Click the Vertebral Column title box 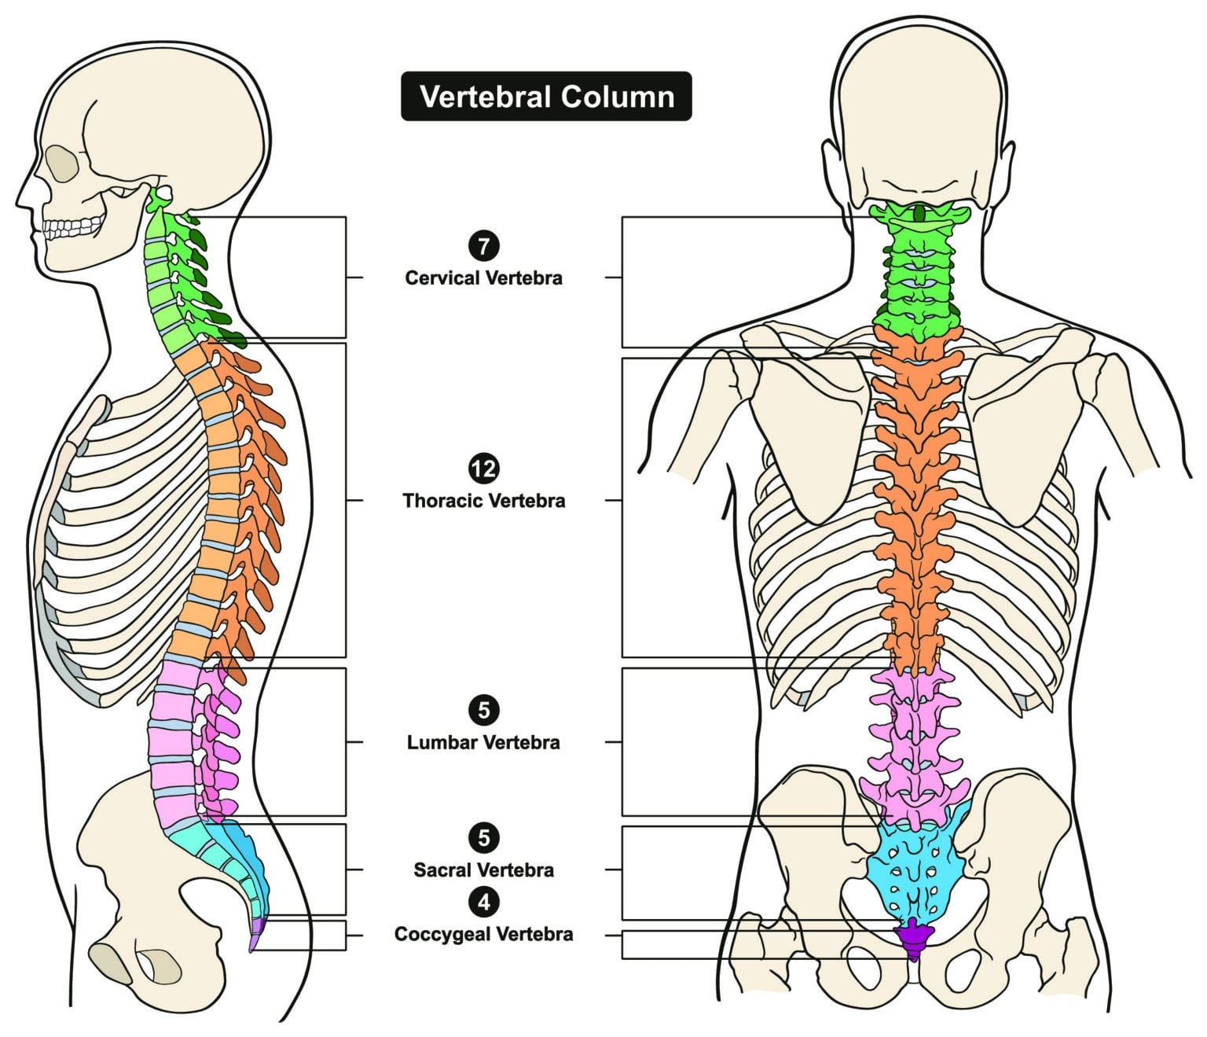coord(546,97)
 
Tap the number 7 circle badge coord(483,246)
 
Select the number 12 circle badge coord(483,469)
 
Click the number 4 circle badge coord(483,902)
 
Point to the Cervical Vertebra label coord(483,278)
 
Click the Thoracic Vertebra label coord(483,501)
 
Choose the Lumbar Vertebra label coord(483,742)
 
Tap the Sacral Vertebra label coord(483,870)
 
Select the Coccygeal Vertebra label coord(483,934)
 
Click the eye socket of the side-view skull coord(61,164)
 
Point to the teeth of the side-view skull coord(72,228)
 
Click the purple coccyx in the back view coord(913,936)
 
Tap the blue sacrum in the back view coord(915,865)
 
